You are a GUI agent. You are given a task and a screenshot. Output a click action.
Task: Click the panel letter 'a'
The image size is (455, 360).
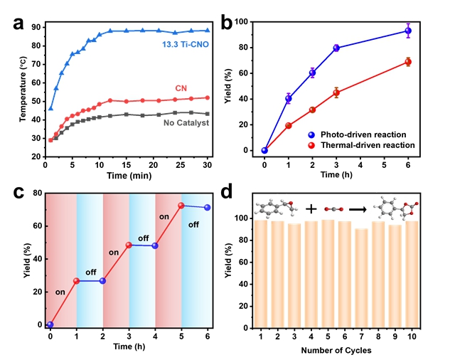[18, 23]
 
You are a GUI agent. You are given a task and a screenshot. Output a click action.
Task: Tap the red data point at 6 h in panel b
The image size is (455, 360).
[408, 62]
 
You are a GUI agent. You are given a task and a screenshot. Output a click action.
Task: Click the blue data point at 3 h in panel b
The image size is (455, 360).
[336, 48]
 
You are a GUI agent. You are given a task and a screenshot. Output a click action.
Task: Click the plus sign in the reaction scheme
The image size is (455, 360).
[311, 209]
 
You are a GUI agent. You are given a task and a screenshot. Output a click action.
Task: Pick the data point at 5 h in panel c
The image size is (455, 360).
[181, 206]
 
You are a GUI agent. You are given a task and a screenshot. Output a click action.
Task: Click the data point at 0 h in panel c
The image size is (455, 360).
[50, 325]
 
